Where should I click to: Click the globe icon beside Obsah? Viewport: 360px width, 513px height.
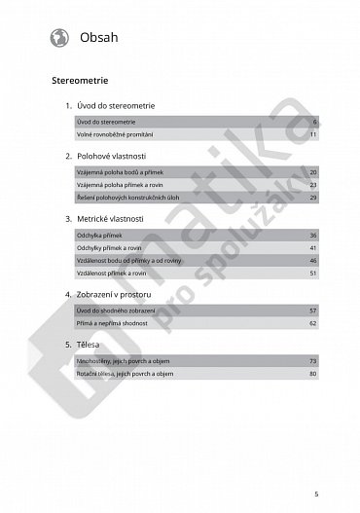56,37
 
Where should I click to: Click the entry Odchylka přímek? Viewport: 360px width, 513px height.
94,236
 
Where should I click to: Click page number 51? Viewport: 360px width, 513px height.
313,275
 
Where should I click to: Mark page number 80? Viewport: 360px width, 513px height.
313,373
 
